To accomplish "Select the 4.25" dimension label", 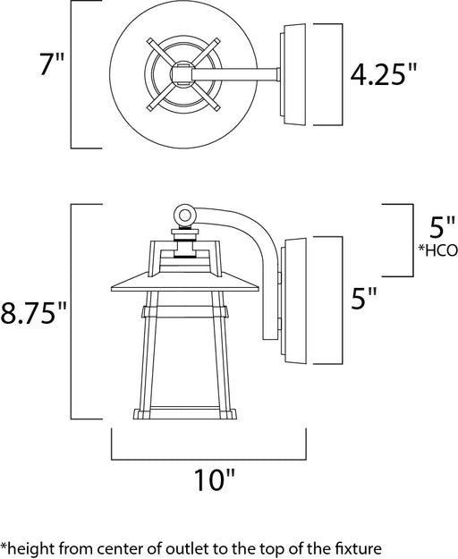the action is tap(384, 74).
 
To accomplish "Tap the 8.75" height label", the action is tap(33, 312).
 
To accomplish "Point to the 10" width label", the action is tap(215, 479).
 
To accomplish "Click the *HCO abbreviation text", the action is tap(438, 250).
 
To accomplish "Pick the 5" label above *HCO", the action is tap(442, 227).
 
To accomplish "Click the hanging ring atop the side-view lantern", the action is tap(184, 215).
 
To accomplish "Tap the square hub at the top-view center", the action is tap(182, 74).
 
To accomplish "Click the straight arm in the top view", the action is tap(235, 74).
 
